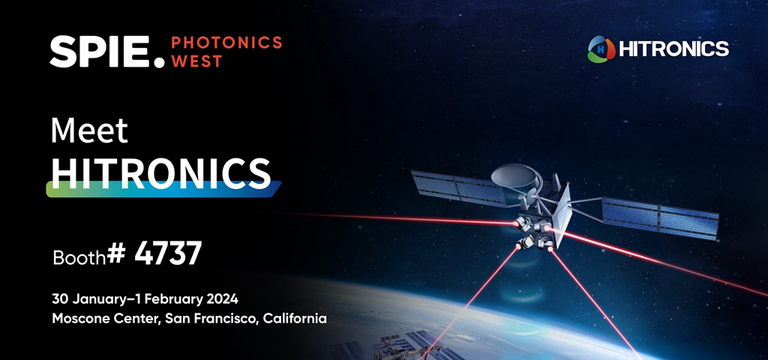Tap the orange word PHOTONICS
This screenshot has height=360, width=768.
coord(226,43)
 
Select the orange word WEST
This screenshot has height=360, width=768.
coord(196,61)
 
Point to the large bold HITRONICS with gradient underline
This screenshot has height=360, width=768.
coord(161,173)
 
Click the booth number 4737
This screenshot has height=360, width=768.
coord(168,253)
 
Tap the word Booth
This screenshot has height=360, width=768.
coord(79,257)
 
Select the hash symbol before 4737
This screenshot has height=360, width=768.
coord(116,253)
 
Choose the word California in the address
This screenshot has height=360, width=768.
coord(295,318)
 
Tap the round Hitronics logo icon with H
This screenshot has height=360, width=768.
coord(601,49)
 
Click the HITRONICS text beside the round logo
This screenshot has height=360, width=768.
coord(674,49)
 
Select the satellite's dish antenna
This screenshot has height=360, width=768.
coord(514,176)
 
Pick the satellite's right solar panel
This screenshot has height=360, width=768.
coord(660,217)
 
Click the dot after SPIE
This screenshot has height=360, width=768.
coord(159,62)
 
